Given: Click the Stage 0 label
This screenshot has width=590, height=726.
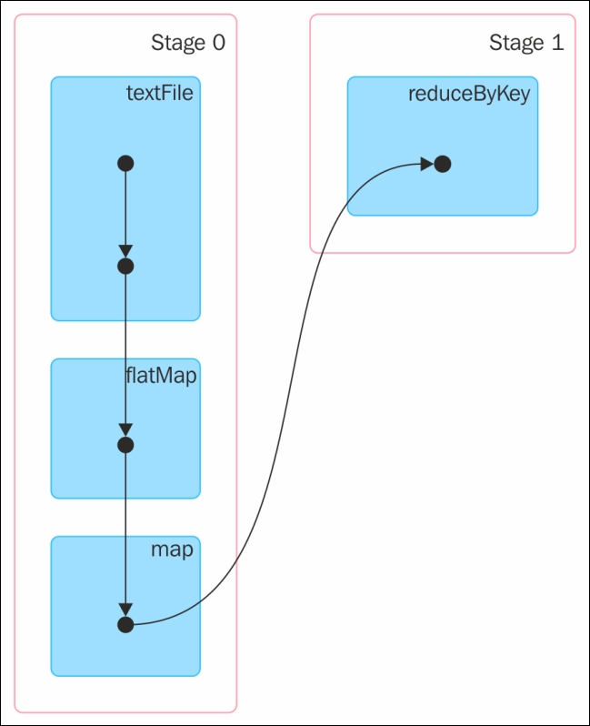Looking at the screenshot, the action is point(188,44).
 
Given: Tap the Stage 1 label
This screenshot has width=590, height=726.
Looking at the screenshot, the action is point(526,44).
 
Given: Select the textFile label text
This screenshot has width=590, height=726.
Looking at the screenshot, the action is point(160,93).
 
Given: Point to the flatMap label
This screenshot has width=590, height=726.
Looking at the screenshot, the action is point(161,375).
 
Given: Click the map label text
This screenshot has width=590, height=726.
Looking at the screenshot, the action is point(172,550).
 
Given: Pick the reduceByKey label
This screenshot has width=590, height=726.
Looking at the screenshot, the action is point(469,94).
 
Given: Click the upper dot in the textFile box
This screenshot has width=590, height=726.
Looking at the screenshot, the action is point(125,164).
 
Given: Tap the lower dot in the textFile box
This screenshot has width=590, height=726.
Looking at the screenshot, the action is point(125,267).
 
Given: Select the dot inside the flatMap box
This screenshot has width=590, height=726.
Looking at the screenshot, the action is point(125,445).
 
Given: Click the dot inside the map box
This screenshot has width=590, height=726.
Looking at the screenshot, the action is point(125,625).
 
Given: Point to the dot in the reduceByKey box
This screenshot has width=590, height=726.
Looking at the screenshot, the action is point(443,164).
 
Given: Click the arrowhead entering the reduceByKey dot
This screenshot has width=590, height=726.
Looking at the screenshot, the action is point(426,164).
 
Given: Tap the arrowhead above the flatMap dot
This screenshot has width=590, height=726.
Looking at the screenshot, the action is point(125,429).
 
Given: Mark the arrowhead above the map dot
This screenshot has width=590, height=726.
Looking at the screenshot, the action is point(125,610).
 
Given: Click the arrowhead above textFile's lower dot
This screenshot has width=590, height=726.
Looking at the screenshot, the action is point(125,251).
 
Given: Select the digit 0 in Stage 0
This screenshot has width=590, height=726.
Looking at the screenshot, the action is point(219,43).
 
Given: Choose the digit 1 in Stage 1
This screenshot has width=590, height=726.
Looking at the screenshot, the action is point(558,43).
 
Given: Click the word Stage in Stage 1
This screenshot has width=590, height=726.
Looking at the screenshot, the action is point(516,44).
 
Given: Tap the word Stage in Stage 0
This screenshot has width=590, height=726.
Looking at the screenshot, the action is point(178,44).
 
